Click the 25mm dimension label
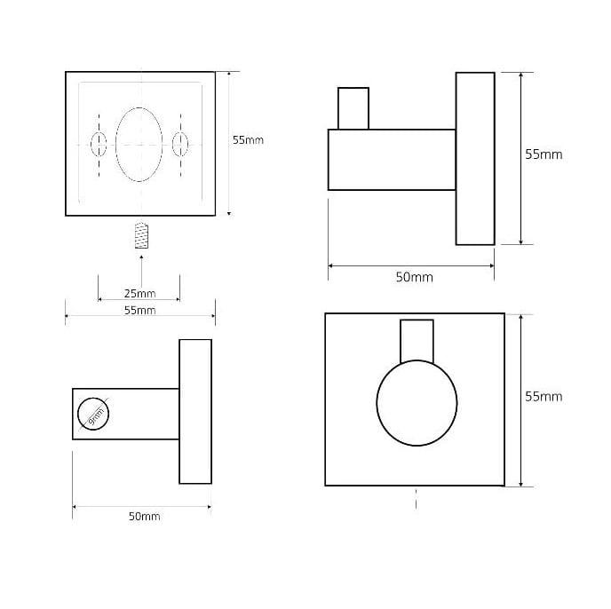coord(140,293)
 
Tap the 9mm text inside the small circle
coord(96,416)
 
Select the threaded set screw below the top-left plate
coord(141,235)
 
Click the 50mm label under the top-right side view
coord(414,277)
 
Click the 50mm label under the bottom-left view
coord(144,517)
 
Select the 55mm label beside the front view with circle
coord(544,396)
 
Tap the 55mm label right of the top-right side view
coord(544,154)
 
